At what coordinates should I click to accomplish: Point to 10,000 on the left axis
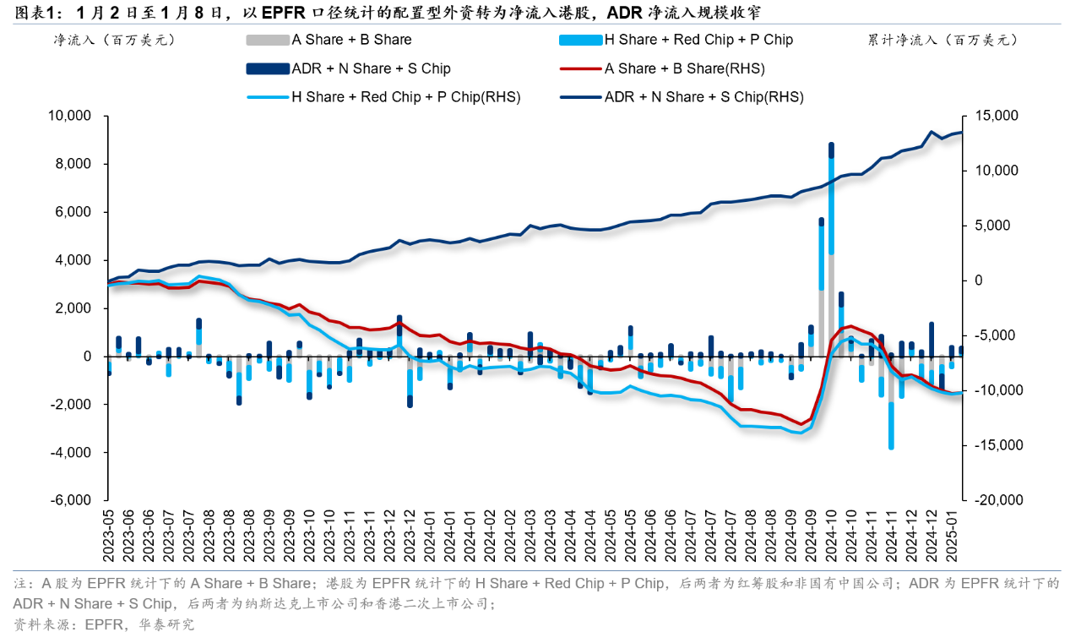tap(69, 116)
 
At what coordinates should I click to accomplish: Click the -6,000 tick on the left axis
tap(72, 500)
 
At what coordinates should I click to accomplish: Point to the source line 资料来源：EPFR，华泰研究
tap(103, 624)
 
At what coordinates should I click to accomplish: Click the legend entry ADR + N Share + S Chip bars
tap(371, 68)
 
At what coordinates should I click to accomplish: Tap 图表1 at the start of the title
tap(33, 12)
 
